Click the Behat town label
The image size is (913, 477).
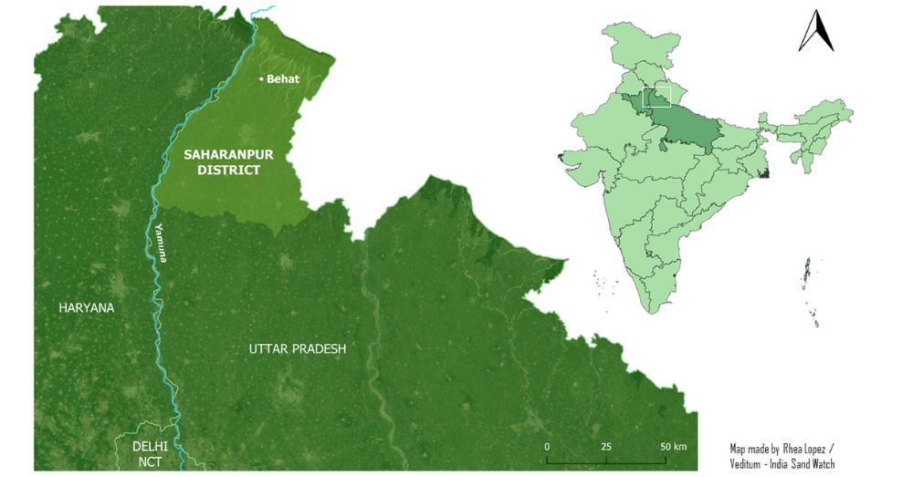283,79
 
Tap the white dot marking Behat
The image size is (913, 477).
261,80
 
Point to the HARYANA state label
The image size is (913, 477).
87,308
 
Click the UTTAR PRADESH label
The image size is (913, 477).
298,349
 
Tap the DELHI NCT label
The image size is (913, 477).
149,453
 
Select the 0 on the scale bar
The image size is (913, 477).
546,446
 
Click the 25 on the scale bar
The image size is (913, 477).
606,446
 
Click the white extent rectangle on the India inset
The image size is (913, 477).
656,96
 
